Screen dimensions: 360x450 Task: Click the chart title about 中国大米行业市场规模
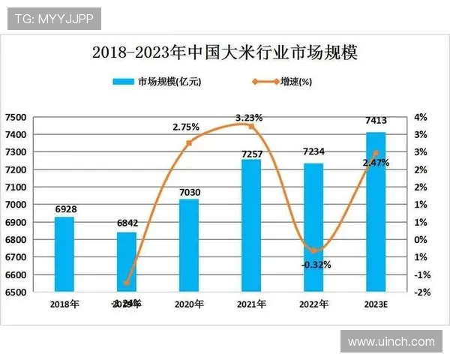pyautogui.click(x=224, y=53)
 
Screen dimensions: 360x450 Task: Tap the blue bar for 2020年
pyautogui.click(x=189, y=244)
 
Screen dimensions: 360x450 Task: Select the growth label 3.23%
pyautogui.click(x=249, y=118)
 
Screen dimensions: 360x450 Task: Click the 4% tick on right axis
pyautogui.click(x=420, y=117)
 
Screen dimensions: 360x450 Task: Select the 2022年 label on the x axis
pyautogui.click(x=313, y=304)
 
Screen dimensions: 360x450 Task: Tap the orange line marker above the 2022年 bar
pyautogui.click(x=313, y=250)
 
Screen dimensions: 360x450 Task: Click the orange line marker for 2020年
pyautogui.click(x=189, y=142)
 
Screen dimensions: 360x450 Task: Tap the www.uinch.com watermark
pyautogui.click(x=391, y=341)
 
